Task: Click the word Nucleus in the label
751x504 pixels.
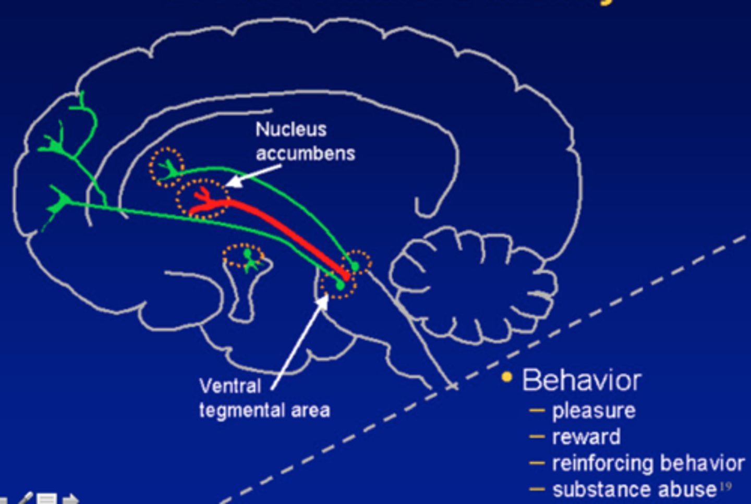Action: [x=291, y=129]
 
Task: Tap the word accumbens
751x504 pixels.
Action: [x=305, y=154]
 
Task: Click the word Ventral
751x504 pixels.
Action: [x=230, y=386]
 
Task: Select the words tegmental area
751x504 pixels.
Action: [x=264, y=411]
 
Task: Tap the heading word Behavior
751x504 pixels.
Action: [x=582, y=380]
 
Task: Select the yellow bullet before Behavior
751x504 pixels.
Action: [x=506, y=377]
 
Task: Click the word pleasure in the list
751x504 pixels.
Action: [x=593, y=411]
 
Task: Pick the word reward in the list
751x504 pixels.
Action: [x=586, y=437]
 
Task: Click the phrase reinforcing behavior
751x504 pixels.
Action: [x=648, y=463]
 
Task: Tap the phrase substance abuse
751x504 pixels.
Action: [x=634, y=489]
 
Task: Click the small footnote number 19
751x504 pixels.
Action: [x=725, y=487]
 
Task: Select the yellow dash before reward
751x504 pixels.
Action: [x=537, y=436]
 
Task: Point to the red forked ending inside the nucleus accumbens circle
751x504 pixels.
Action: [x=202, y=195]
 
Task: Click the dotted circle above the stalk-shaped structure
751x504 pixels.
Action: [x=243, y=256]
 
